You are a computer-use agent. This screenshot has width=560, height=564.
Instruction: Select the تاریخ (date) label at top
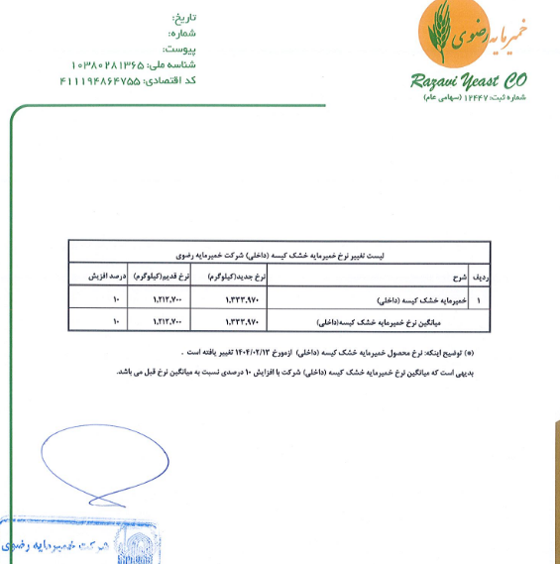click(184, 18)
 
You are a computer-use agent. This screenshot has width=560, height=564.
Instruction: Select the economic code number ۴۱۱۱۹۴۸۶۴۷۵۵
click(99, 79)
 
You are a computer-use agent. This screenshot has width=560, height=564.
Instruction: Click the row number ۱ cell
click(479, 298)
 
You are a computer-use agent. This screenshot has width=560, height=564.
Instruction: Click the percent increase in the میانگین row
click(117, 321)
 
